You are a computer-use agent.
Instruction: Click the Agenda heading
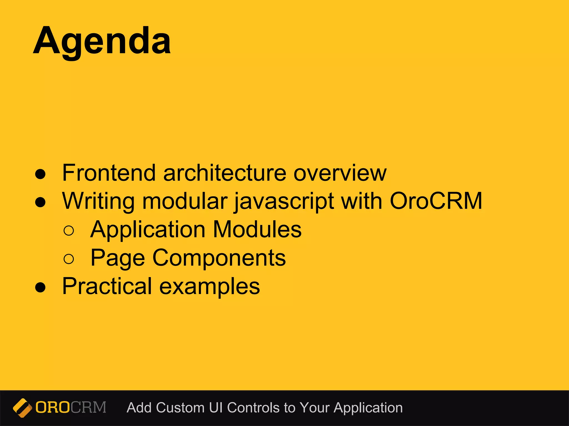click(x=102, y=41)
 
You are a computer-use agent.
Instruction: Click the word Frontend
click(x=109, y=173)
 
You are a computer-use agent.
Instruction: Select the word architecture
click(x=224, y=173)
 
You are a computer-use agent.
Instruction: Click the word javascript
click(x=284, y=201)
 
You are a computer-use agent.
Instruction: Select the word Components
click(x=219, y=258)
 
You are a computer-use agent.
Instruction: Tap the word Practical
click(x=107, y=286)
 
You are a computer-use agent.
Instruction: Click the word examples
click(x=209, y=287)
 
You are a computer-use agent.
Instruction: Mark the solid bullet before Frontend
click(x=41, y=174)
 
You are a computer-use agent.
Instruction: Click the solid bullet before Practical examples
click(x=41, y=288)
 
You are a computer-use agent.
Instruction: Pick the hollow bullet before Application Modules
click(x=69, y=231)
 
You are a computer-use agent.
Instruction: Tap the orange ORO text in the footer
click(x=53, y=407)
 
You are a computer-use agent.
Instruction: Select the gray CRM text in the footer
click(x=88, y=407)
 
